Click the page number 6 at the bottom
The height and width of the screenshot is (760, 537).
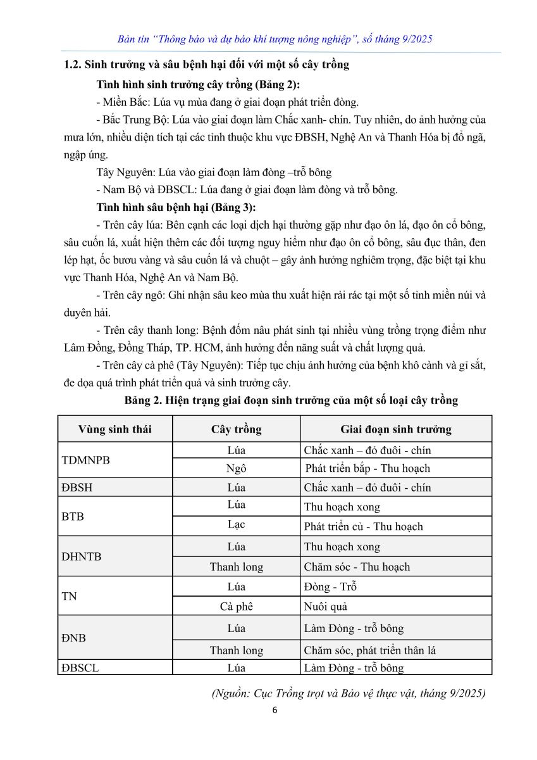pos(275,710)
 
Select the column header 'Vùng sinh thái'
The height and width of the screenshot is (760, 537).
pos(115,429)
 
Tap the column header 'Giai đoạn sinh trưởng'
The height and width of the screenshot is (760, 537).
pos(396,429)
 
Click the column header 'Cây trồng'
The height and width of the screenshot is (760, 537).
pos(236,429)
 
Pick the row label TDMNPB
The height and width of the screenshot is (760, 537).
pos(86,460)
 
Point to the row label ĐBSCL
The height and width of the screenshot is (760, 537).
pos(80,668)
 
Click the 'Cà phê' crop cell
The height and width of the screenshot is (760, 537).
pos(236,607)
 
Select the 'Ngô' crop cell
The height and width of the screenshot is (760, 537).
pos(236,469)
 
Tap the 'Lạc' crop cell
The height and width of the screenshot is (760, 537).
pos(236,524)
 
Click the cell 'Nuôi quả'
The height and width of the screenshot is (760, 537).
pos(326,607)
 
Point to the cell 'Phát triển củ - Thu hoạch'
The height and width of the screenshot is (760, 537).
pos(363,526)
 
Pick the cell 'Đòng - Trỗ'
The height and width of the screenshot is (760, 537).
pos(330,586)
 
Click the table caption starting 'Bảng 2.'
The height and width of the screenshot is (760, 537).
pos(291,400)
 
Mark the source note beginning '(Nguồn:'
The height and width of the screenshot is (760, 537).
pos(349,693)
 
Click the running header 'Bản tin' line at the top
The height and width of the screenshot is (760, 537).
pos(275,39)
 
